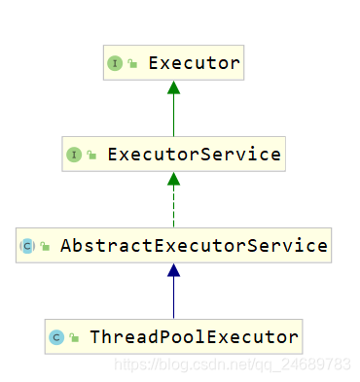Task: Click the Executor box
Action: click(172, 64)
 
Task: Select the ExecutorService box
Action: click(173, 155)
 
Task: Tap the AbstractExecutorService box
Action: click(173, 246)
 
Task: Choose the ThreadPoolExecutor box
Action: click(173, 336)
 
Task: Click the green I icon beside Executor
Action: click(114, 64)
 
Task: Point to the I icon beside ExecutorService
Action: click(73, 155)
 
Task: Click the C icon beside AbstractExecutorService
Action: click(26, 246)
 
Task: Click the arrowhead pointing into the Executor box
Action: click(173, 87)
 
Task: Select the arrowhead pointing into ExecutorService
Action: click(173, 178)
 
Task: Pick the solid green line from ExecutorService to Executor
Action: click(173, 115)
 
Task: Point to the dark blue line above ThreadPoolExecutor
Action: click(173, 297)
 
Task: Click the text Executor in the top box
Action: click(193, 64)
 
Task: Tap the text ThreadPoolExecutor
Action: click(193, 337)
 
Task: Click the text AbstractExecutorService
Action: click(193, 246)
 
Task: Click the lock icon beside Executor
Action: click(131, 65)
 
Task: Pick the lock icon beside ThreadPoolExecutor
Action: click(73, 338)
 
